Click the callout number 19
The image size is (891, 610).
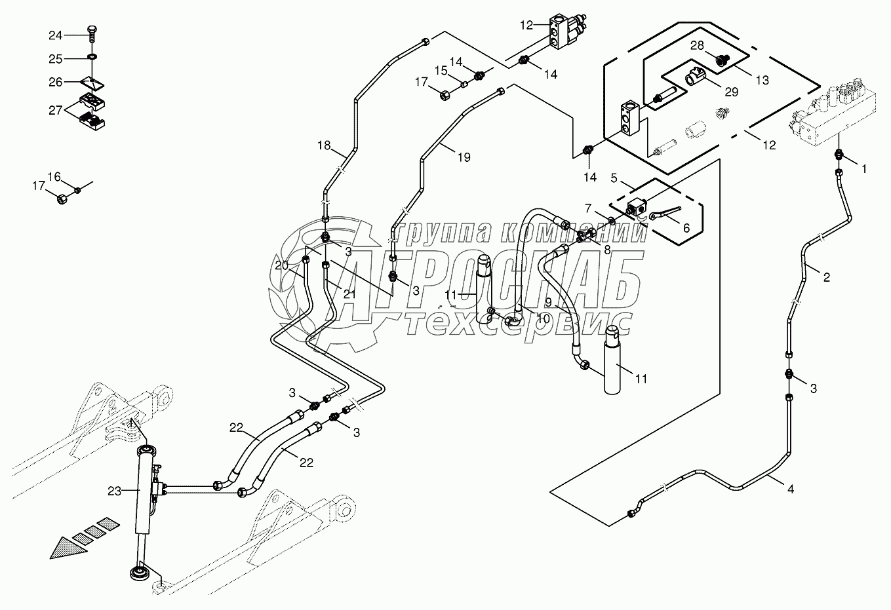[x=464, y=157]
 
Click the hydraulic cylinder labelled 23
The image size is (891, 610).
[x=144, y=491]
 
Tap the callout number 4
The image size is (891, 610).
[x=790, y=489]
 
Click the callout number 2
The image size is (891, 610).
[x=826, y=277]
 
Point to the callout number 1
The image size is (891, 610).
[x=863, y=168]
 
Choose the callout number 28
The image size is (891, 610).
[x=696, y=45]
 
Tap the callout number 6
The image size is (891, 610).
[x=686, y=227]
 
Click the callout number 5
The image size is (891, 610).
[x=614, y=178]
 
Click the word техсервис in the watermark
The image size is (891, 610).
[x=518, y=323]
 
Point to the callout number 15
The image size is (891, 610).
[x=441, y=70]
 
